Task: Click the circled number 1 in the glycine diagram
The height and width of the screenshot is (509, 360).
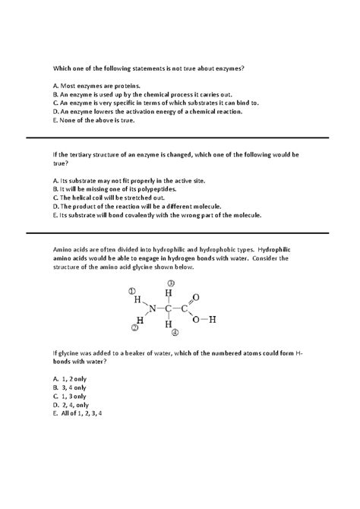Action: [x=131, y=289]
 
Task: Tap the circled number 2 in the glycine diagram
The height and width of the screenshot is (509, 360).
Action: [x=134, y=327]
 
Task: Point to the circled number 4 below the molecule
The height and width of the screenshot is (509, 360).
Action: [x=175, y=332]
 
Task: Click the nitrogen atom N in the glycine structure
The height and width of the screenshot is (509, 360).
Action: [x=152, y=308]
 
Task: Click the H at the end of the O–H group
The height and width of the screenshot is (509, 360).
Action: [x=213, y=319]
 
